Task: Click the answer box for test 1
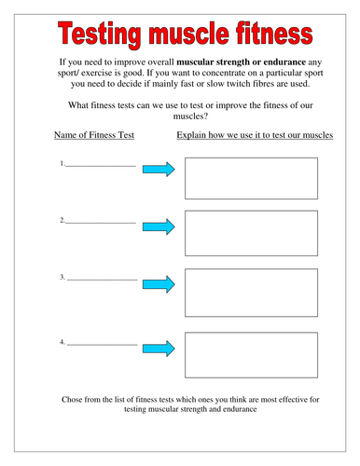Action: (x=251, y=178)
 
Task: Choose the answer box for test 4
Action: (x=251, y=354)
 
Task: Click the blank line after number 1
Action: (x=101, y=166)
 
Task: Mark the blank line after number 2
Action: (x=101, y=223)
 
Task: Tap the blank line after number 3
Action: (x=102, y=279)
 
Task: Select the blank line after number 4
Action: (x=102, y=344)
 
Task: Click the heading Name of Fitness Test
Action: (x=94, y=136)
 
